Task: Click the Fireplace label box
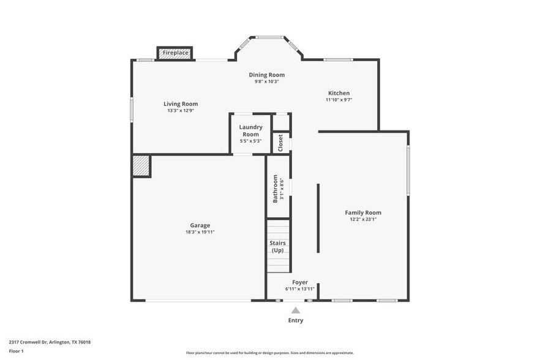click(175, 53)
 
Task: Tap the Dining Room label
click(266, 75)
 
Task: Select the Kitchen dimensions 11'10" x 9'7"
click(338, 100)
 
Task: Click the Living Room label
click(181, 103)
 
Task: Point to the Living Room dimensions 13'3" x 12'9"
click(181, 111)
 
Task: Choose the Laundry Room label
click(250, 130)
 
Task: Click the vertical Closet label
click(280, 143)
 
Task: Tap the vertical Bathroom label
click(276, 188)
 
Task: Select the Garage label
click(200, 225)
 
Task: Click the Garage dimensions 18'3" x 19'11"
click(200, 232)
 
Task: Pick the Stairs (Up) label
click(277, 247)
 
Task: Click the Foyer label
click(300, 282)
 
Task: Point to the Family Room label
click(363, 212)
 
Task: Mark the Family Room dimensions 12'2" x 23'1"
click(363, 219)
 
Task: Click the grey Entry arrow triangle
click(296, 310)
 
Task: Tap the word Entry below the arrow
click(296, 320)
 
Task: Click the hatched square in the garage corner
click(141, 166)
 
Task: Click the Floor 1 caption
click(16, 351)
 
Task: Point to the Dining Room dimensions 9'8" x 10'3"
click(266, 81)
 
